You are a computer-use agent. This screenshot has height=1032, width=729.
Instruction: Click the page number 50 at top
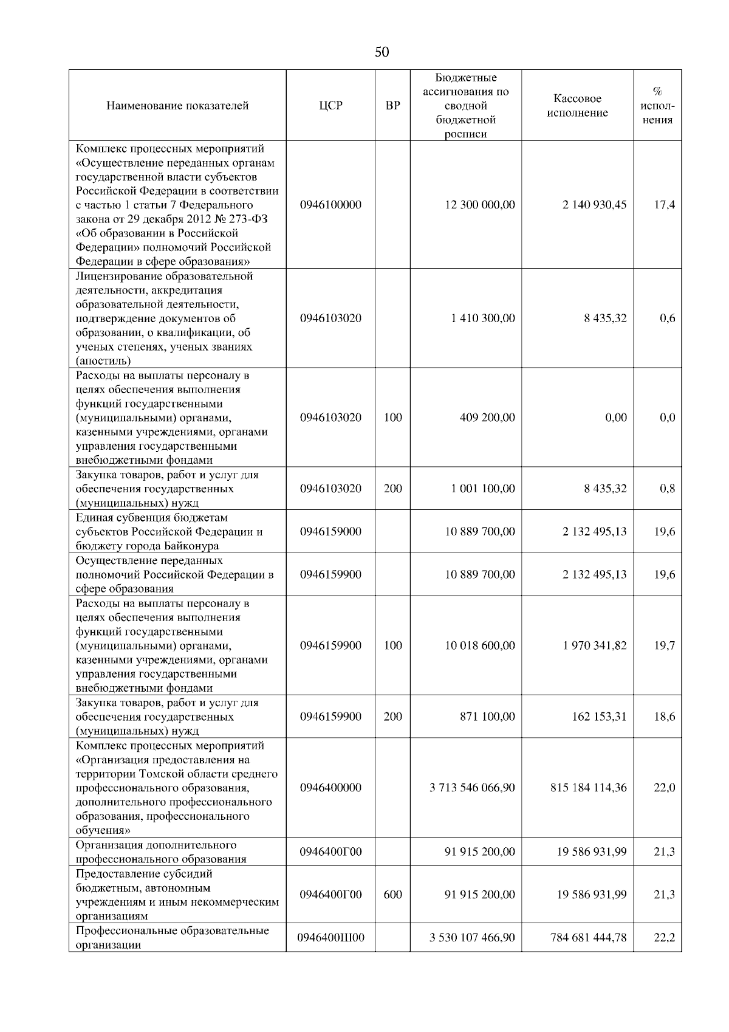click(382, 52)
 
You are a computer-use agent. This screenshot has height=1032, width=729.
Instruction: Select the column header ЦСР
click(330, 106)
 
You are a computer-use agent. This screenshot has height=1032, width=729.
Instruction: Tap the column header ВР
click(393, 106)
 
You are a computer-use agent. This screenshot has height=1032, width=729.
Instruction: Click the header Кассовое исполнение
click(577, 106)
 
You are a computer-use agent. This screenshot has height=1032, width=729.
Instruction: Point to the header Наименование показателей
click(177, 106)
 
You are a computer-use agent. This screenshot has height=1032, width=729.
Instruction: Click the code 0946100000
click(330, 205)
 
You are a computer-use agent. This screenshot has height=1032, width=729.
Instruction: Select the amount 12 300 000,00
click(480, 205)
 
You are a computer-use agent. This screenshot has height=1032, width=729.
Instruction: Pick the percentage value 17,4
click(664, 205)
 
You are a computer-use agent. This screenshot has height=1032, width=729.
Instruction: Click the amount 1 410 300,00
click(483, 318)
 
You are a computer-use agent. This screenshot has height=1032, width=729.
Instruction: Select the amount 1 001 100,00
click(483, 489)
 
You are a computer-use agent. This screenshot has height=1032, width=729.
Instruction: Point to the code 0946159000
click(330, 531)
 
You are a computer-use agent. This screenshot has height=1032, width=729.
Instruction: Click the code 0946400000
click(330, 788)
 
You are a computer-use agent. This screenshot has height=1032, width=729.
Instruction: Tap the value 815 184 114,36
click(588, 788)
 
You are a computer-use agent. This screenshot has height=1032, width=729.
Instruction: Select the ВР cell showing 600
click(393, 895)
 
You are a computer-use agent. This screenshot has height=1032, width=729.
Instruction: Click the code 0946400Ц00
click(330, 938)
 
